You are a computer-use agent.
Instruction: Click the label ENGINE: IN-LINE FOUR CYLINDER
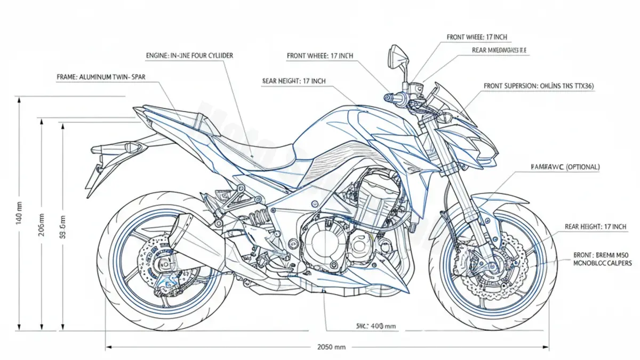point(189,55)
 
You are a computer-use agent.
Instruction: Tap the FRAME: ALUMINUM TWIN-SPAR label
point(100,77)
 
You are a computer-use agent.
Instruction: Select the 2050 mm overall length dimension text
point(331,347)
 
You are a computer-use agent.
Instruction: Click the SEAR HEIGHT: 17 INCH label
point(294,81)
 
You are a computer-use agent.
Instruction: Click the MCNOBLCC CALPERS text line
point(602,263)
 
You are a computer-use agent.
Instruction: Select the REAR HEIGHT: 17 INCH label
point(595,227)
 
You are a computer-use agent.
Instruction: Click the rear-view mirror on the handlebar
point(397,53)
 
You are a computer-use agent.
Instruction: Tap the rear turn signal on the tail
point(131,146)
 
